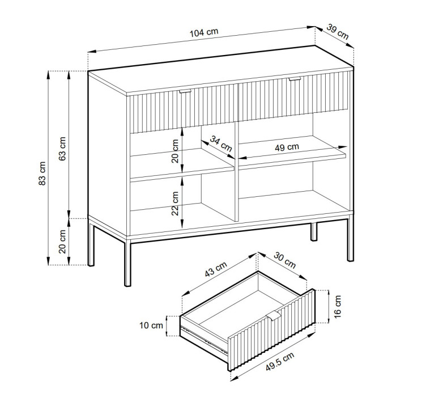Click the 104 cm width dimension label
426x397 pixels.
coord(204,32)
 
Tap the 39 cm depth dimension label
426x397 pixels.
coord(337,32)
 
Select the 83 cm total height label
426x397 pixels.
coord(42,173)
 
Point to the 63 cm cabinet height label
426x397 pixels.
coord(62,149)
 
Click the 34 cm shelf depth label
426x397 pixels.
coord(221,143)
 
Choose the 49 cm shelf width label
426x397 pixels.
coord(287,147)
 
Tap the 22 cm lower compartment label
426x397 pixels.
coord(175,204)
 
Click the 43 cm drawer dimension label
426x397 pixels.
coord(215,269)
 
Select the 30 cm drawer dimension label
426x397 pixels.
coord(284,260)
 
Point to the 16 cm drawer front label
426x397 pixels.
coord(337,307)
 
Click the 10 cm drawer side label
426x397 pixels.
coord(151,325)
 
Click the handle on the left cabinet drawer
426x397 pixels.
coord(185,91)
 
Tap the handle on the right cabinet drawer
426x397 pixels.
coord(295,79)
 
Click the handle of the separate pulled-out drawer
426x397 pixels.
coord(273,316)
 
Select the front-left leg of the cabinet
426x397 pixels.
coord(127,263)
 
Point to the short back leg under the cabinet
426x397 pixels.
coord(314,231)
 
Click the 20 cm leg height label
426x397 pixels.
coord(62,242)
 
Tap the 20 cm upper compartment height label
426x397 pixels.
coord(175,151)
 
